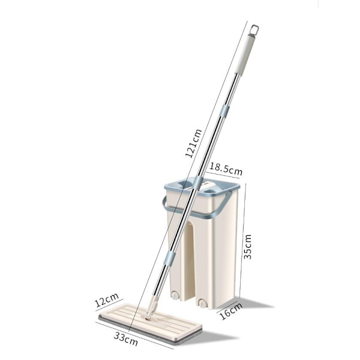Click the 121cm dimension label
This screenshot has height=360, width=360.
193,143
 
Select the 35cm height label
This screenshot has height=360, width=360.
247,247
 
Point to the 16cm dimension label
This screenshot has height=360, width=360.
231,311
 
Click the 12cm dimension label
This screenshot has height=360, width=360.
107,300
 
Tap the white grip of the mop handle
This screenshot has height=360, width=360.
245,55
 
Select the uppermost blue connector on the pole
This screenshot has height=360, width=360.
224,112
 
